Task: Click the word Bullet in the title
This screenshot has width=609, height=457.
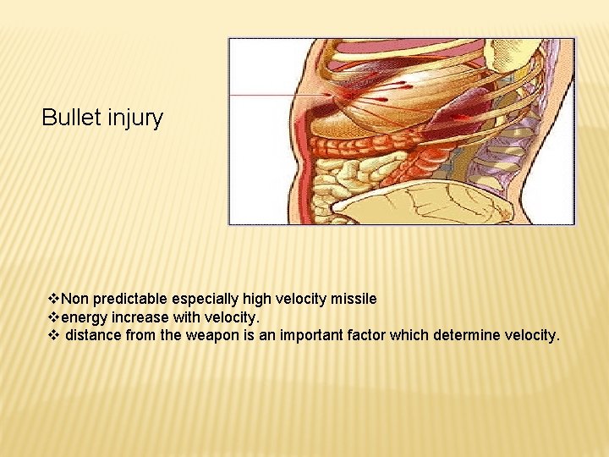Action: pos(72,118)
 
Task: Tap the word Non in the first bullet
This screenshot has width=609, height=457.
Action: pos(75,299)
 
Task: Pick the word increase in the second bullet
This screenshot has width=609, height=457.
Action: pos(137,317)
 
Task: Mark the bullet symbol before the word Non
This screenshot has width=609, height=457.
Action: pos(54,299)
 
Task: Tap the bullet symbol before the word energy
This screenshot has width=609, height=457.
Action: pos(54,317)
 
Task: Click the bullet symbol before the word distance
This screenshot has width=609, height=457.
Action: pos(54,335)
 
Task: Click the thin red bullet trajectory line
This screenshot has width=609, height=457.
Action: pos(271,96)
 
